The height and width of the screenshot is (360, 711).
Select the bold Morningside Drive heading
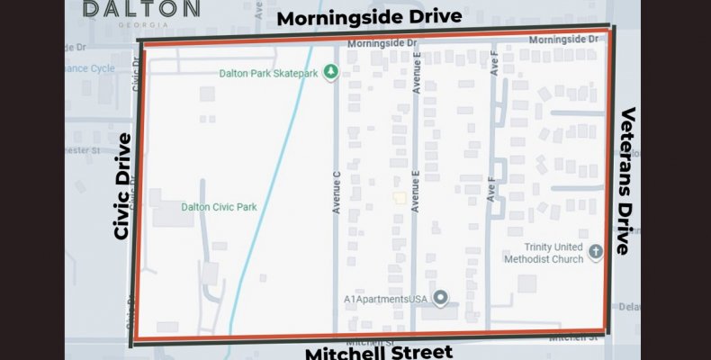369,17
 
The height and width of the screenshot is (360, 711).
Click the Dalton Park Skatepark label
269,73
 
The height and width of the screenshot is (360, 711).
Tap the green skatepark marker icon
331,71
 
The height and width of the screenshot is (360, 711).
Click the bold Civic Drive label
123,186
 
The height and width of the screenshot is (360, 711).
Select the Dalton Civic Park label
219,207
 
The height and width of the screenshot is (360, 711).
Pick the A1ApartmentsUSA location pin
440,297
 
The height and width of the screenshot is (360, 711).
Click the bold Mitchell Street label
378,352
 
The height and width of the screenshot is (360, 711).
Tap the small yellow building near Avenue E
398,197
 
